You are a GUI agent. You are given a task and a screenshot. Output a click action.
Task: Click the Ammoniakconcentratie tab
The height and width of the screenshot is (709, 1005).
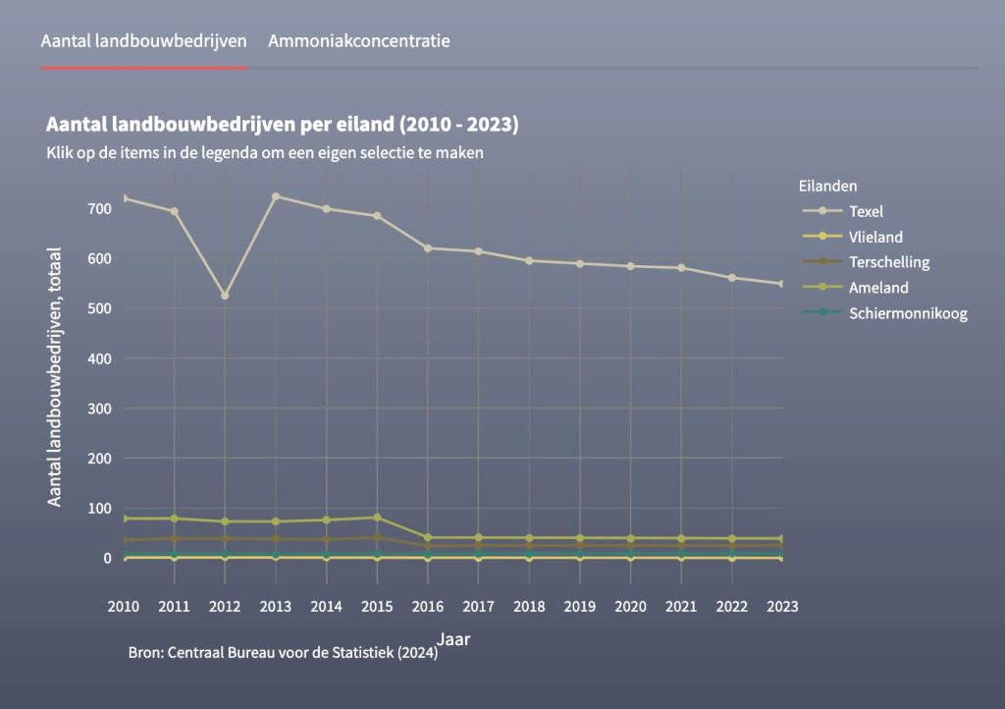click(x=358, y=41)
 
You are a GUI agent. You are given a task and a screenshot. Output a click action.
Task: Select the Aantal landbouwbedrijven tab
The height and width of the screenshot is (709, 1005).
click(x=143, y=41)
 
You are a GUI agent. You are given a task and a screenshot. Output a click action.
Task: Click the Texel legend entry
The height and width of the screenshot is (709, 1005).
click(x=867, y=211)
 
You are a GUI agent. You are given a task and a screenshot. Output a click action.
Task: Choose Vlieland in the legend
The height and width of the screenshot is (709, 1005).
click(x=875, y=237)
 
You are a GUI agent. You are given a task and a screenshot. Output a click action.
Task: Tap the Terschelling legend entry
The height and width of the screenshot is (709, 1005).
click(x=889, y=262)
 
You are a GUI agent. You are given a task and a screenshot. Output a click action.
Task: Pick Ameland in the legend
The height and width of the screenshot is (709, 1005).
click(x=878, y=288)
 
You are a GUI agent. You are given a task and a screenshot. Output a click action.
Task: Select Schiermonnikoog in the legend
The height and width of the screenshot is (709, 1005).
click(x=908, y=313)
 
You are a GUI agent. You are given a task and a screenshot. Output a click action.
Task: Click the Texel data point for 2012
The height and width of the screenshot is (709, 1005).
click(x=225, y=296)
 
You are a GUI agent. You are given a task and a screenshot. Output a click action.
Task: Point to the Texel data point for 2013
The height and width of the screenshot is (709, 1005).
click(x=276, y=196)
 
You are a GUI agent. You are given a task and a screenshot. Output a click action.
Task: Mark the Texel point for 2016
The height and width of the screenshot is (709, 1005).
click(x=428, y=247)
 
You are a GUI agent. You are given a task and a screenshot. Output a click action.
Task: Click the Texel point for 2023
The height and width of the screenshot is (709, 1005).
click(x=782, y=284)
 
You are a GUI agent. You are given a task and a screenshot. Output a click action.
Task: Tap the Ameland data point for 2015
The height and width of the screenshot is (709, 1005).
click(x=377, y=518)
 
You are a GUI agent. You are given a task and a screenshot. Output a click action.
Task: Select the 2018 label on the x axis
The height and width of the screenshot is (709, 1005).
click(x=529, y=606)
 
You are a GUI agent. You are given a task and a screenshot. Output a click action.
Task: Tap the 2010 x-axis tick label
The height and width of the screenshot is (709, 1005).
click(x=124, y=606)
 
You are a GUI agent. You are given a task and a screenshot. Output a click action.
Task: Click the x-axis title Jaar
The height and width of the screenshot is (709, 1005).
click(x=453, y=639)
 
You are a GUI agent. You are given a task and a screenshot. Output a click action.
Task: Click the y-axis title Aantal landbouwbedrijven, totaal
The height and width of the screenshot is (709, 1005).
click(x=55, y=377)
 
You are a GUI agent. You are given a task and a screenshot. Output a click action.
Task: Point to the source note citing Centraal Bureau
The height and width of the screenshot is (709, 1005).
click(x=283, y=653)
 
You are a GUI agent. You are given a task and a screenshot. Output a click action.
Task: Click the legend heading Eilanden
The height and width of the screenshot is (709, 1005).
click(x=828, y=185)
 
